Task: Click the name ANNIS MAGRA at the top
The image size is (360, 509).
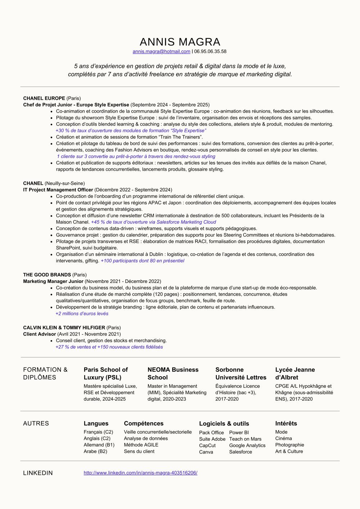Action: point(180,42)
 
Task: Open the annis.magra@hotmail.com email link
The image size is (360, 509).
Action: point(161,51)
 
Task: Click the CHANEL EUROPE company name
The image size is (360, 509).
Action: point(44,98)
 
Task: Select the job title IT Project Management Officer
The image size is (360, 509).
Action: point(58,190)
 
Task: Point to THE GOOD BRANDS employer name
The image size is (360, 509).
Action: point(47,275)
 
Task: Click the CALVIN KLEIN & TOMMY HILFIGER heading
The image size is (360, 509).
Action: point(64,328)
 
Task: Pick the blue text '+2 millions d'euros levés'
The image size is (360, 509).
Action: point(82,314)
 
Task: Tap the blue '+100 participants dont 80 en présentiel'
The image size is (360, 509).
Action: point(142,261)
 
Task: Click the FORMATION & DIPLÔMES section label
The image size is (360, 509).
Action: point(45,373)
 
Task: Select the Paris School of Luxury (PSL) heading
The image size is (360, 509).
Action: point(105,373)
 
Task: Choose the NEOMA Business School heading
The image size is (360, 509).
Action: point(173,373)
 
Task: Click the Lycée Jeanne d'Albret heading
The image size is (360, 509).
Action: point(295,373)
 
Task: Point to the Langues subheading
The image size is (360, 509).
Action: point(96,423)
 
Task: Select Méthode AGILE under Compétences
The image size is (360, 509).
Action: point(141,445)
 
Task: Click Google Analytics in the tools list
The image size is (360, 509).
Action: point(247,445)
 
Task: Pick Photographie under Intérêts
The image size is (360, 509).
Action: point(289,445)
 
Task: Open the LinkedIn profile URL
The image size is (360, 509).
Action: point(140,473)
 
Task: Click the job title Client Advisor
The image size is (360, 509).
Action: point(39,334)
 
